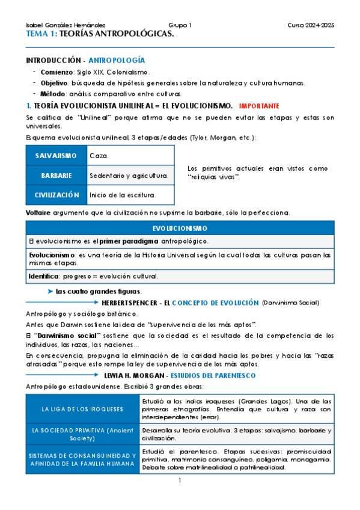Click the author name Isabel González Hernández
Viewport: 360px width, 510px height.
pos(66,25)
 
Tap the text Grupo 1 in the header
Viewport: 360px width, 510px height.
pos(180,25)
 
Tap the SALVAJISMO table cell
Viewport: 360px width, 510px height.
pos(56,156)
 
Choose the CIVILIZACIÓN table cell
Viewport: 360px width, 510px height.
pos(56,195)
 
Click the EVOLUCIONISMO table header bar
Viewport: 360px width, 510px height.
pos(180,229)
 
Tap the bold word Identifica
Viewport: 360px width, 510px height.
pos(44,276)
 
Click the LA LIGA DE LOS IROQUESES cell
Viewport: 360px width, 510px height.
pos(83,409)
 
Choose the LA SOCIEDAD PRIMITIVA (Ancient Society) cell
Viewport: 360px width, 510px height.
pos(83,435)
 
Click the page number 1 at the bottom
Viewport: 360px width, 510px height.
pos(180,481)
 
